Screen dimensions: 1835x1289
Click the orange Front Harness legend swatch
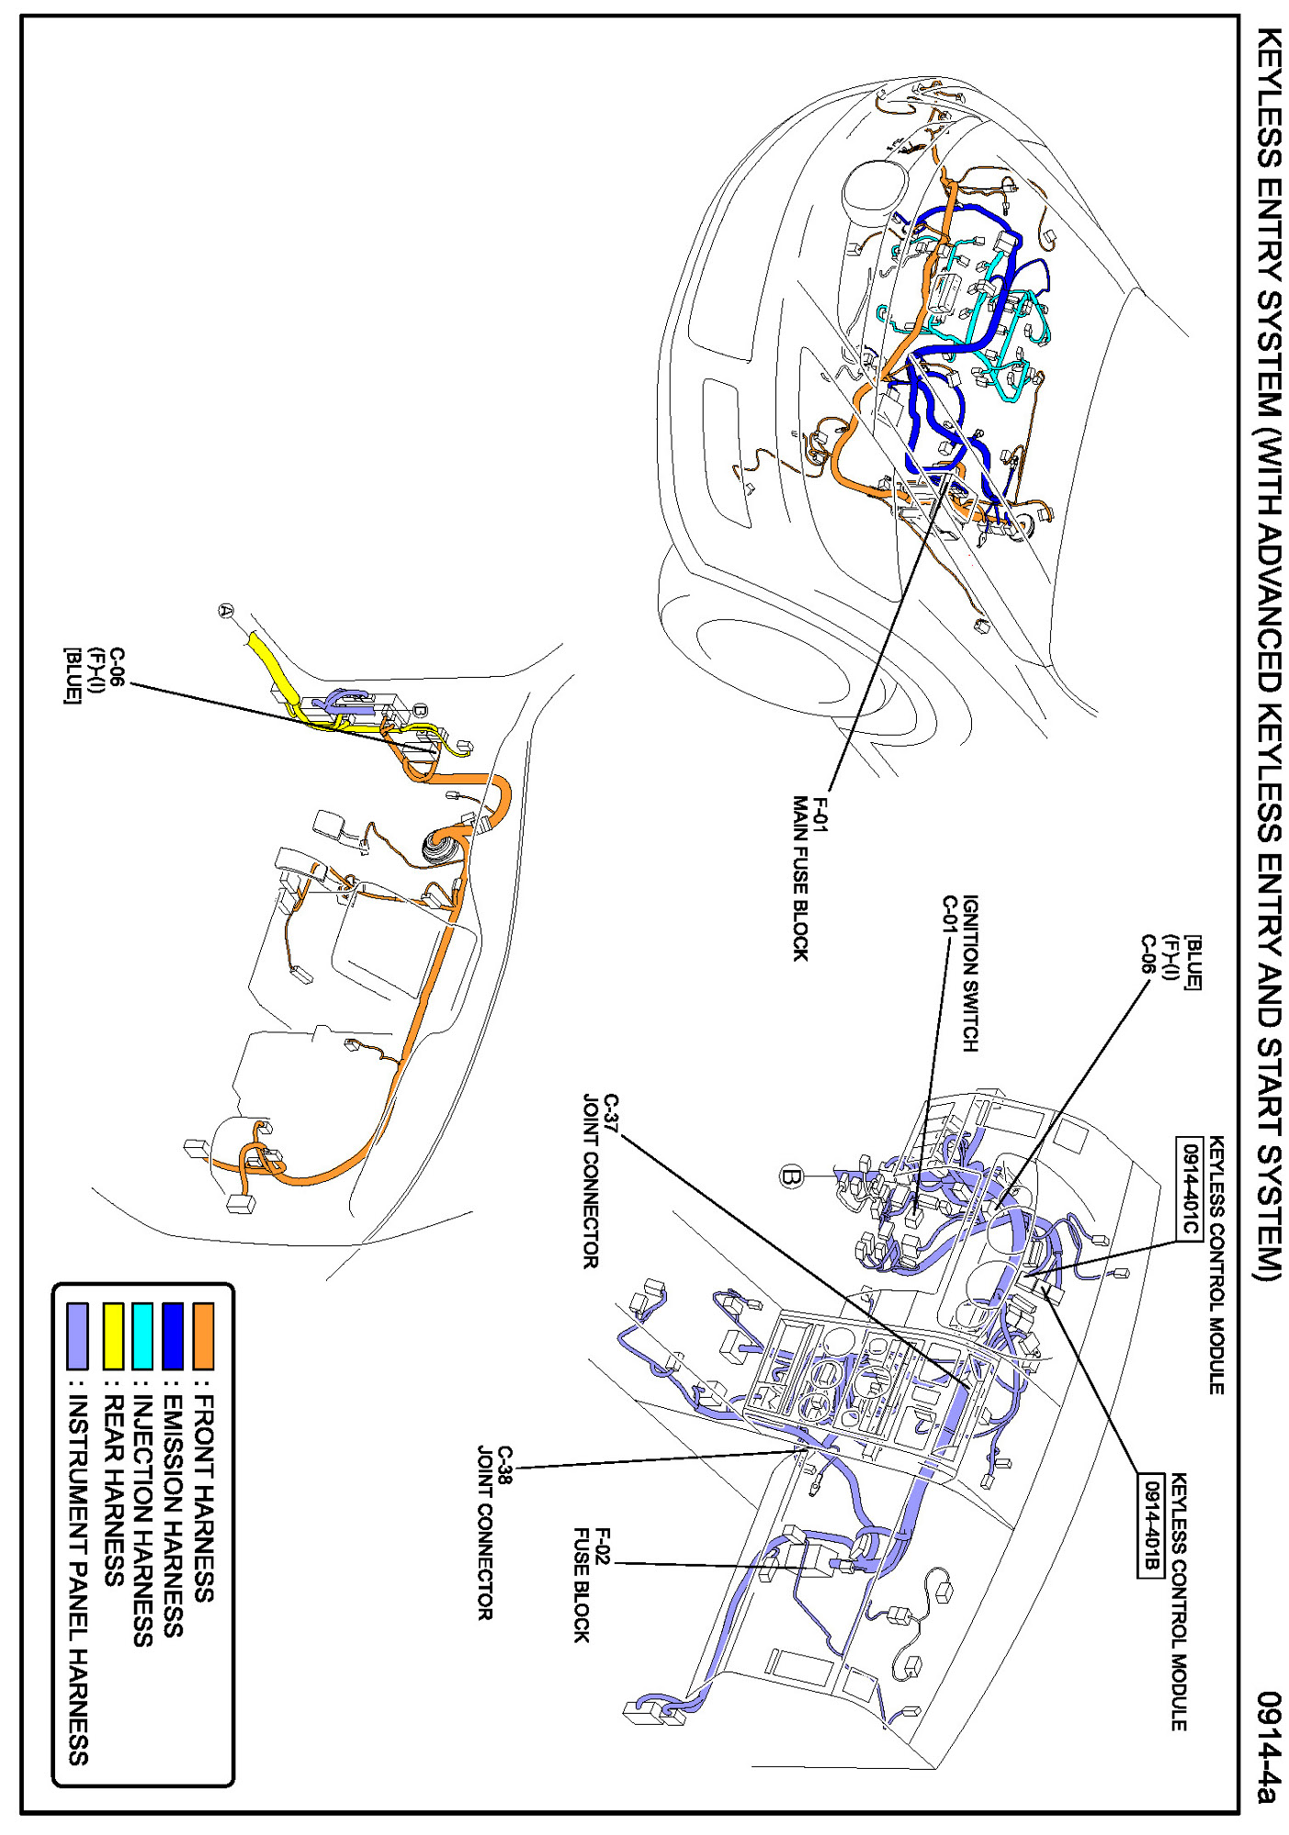click(202, 1335)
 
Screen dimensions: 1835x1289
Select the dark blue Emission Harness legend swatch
click(173, 1335)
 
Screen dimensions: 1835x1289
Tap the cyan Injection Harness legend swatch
click(142, 1335)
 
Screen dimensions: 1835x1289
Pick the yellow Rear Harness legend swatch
click(112, 1335)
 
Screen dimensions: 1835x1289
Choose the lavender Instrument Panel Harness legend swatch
click(78, 1335)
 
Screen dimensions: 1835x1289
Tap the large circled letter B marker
click(791, 1176)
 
